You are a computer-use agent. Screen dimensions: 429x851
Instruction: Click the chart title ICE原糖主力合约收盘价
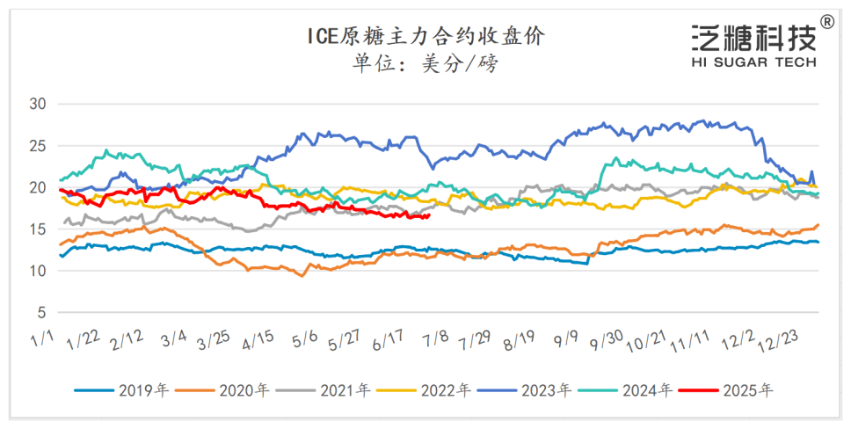tap(425, 36)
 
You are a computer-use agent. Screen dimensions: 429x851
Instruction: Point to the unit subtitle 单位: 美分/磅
tap(425, 64)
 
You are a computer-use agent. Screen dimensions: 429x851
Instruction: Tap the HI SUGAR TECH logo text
tap(753, 62)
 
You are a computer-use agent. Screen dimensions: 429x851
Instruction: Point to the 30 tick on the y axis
tap(40, 104)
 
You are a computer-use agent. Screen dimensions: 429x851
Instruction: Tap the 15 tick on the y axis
tap(40, 229)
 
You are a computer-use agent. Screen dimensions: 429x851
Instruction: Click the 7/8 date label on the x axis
tap(435, 338)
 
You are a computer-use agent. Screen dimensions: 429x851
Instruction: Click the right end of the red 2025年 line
tap(428, 215)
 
